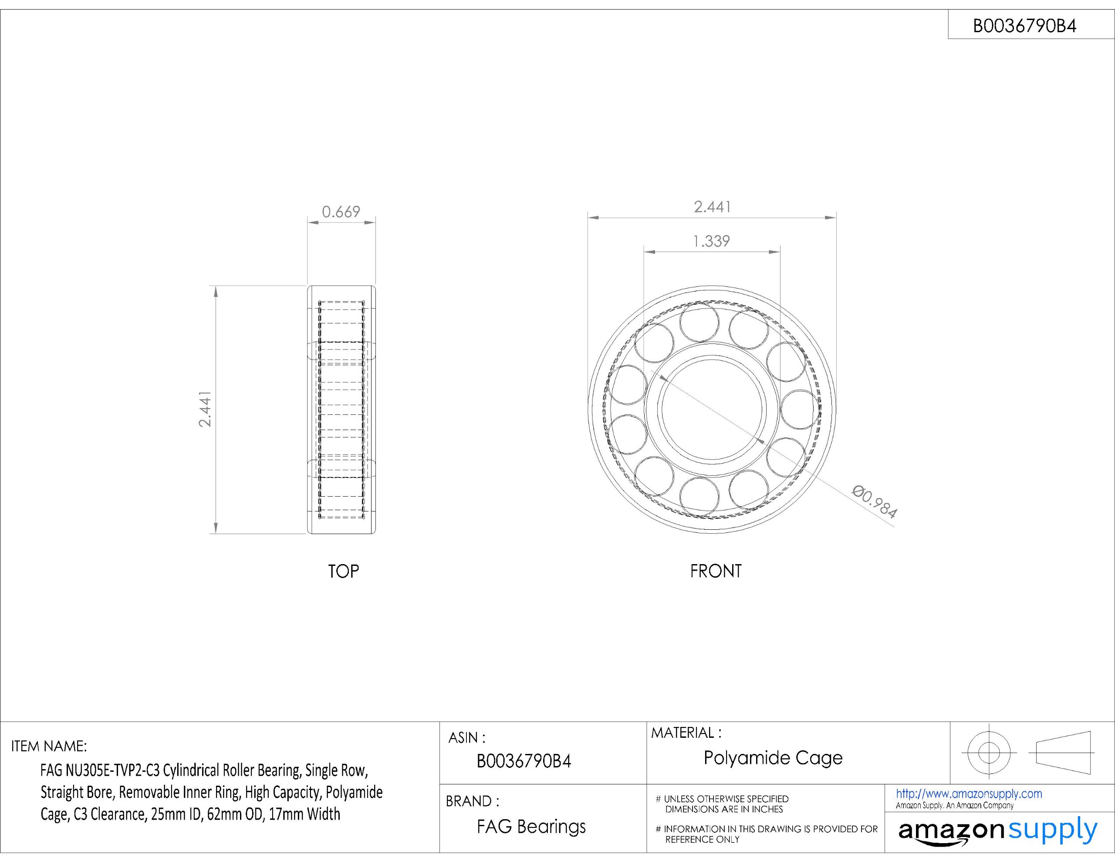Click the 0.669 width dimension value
(x=341, y=211)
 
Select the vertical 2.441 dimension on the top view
(x=205, y=409)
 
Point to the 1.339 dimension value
(x=711, y=241)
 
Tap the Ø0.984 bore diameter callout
(x=875, y=502)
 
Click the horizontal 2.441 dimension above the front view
(x=712, y=207)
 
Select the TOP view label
(x=343, y=571)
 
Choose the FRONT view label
(x=716, y=571)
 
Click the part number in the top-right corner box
(x=1025, y=26)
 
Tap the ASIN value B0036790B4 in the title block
(x=524, y=761)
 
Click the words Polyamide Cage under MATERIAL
(x=773, y=758)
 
